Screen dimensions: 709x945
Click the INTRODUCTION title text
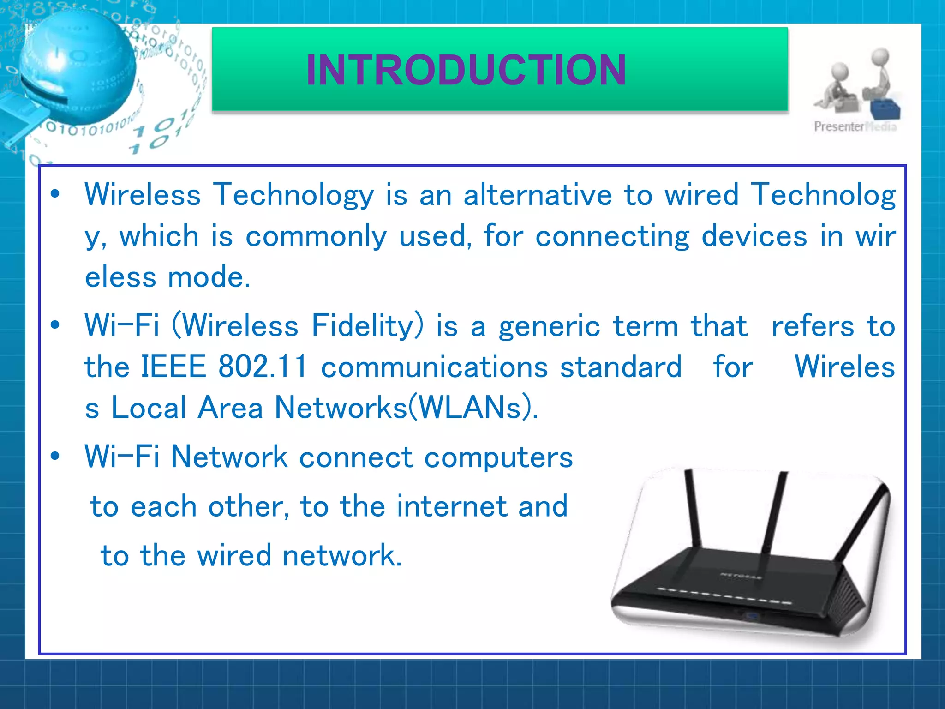(x=466, y=70)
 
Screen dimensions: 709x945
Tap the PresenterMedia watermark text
(x=855, y=126)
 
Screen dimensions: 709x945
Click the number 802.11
(x=262, y=367)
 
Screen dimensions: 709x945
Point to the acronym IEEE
(x=173, y=367)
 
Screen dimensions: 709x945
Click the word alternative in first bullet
(x=538, y=194)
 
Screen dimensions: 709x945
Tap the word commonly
(x=316, y=236)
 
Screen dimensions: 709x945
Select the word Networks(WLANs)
(x=406, y=408)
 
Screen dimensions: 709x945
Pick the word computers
(x=498, y=457)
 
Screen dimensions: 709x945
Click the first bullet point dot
(x=55, y=194)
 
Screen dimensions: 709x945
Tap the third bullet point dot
(x=55, y=457)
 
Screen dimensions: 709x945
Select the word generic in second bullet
(x=549, y=327)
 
